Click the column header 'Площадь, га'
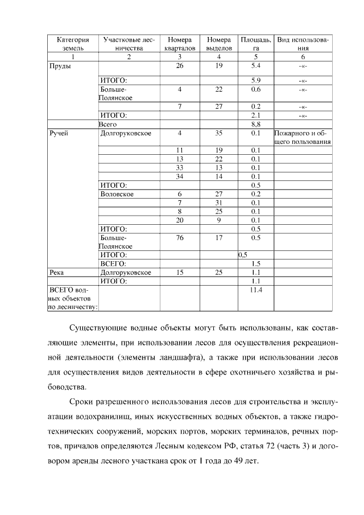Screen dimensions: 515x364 256,44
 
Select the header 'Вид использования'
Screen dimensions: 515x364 303,44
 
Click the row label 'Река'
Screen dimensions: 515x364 57,272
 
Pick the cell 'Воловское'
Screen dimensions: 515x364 117,193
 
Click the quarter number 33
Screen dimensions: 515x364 179,167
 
